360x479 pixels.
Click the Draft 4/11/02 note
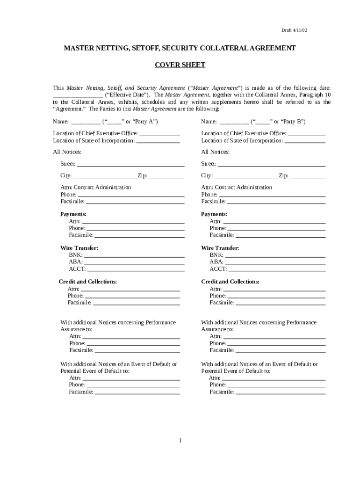294,30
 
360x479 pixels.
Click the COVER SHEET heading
180,65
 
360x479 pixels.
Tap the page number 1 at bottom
180,441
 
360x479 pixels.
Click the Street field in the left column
130,164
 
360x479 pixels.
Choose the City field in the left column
105,176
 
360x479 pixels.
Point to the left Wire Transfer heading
79,248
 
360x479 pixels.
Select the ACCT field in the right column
276,269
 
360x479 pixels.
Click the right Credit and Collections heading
230,282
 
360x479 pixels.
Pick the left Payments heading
73,214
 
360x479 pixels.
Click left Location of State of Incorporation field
158,140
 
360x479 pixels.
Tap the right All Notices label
215,152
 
